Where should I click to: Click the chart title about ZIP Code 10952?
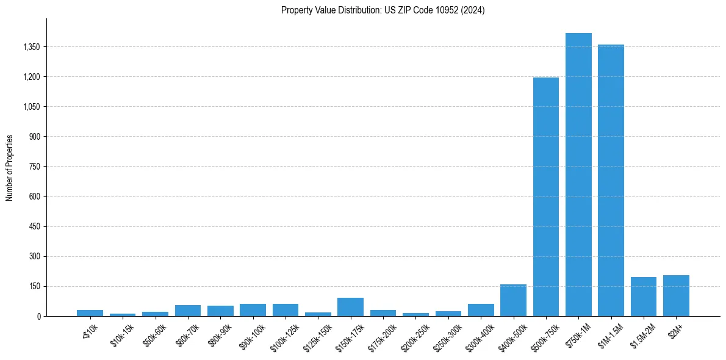click(x=383, y=10)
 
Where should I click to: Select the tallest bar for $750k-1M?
click(x=578, y=175)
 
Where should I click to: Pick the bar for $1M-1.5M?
click(x=611, y=180)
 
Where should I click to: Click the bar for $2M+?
click(x=676, y=296)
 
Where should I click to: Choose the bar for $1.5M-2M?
click(x=644, y=297)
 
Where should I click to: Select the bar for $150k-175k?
click(x=350, y=307)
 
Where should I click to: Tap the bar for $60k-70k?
click(x=188, y=311)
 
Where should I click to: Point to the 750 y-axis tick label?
click(x=34, y=167)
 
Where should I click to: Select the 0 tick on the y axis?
click(x=38, y=316)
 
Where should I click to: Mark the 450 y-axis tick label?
click(x=34, y=226)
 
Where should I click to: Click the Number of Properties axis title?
click(x=10, y=167)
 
